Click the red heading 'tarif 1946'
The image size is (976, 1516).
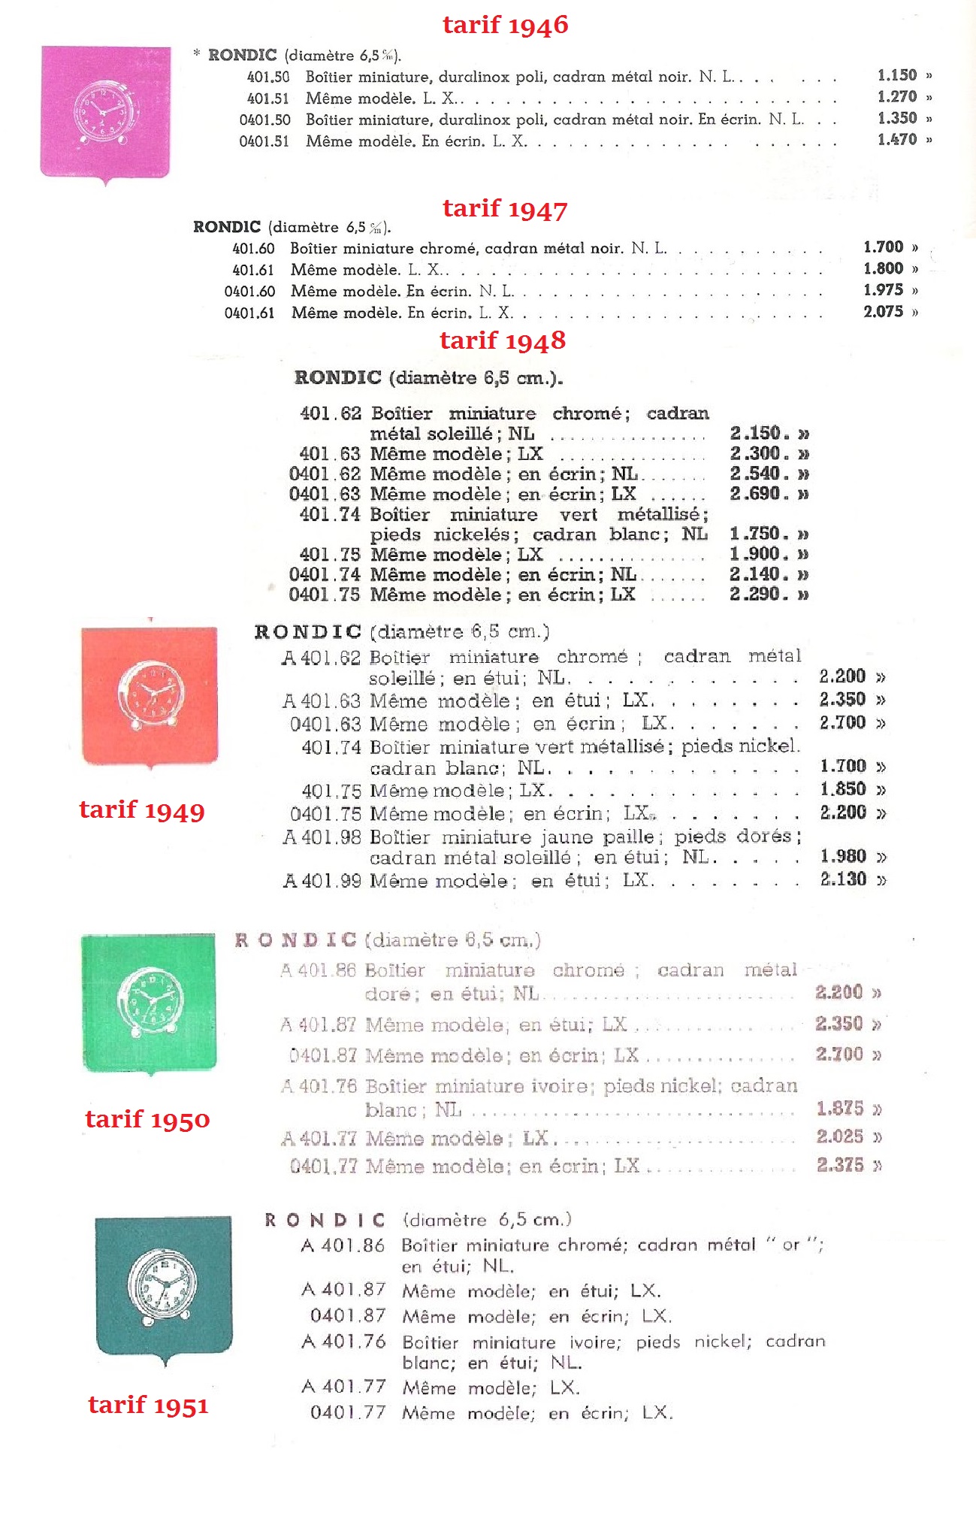click(x=505, y=25)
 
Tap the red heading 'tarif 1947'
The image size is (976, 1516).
click(x=505, y=208)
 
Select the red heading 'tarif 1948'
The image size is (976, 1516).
click(x=502, y=340)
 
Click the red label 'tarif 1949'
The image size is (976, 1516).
click(x=141, y=809)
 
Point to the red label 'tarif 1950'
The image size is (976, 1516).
click(x=147, y=1119)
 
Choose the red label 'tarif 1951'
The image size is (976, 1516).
click(x=148, y=1405)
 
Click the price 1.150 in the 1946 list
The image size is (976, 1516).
click(x=897, y=75)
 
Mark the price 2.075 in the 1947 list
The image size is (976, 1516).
click(x=883, y=312)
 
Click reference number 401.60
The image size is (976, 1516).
click(x=254, y=248)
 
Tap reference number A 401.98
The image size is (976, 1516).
click(x=322, y=837)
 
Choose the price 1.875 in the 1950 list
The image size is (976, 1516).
click(x=839, y=1109)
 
